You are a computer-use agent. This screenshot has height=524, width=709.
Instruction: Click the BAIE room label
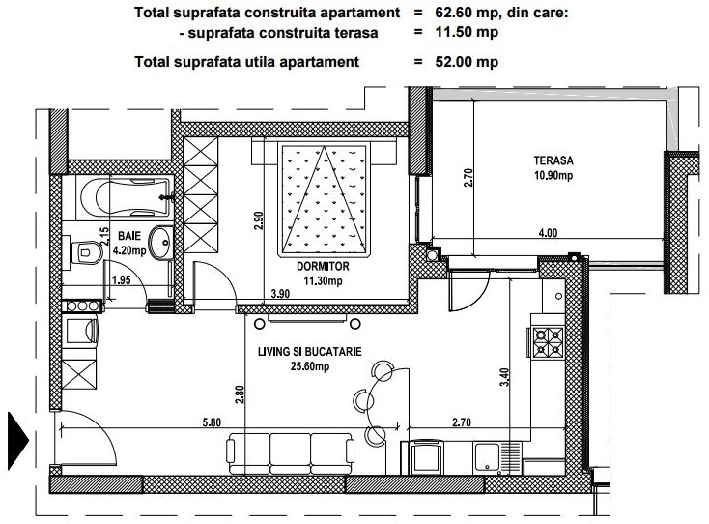129,236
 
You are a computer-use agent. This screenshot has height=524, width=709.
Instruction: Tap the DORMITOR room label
323,267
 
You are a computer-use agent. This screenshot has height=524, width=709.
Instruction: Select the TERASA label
553,160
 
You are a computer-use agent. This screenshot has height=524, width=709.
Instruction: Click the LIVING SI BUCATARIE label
310,352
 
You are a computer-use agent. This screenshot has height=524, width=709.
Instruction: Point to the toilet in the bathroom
86,251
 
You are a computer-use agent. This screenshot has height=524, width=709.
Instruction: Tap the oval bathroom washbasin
160,242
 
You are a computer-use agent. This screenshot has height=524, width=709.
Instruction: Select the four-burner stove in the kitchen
548,342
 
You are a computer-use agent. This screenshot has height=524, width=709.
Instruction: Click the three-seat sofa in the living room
291,453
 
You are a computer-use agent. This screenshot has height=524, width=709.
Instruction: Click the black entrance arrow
18,440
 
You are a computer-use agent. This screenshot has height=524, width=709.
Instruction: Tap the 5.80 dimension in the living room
212,422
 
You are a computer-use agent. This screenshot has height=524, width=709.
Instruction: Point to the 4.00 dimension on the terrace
548,233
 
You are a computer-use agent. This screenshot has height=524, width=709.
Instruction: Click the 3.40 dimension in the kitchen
504,377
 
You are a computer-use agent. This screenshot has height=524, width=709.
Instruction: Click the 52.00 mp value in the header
467,62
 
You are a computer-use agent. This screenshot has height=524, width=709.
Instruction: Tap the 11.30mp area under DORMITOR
323,281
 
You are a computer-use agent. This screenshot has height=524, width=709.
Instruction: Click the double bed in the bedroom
324,200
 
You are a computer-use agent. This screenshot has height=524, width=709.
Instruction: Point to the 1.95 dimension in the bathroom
121,280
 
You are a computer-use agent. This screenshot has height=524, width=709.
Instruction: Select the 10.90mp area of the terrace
553,175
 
